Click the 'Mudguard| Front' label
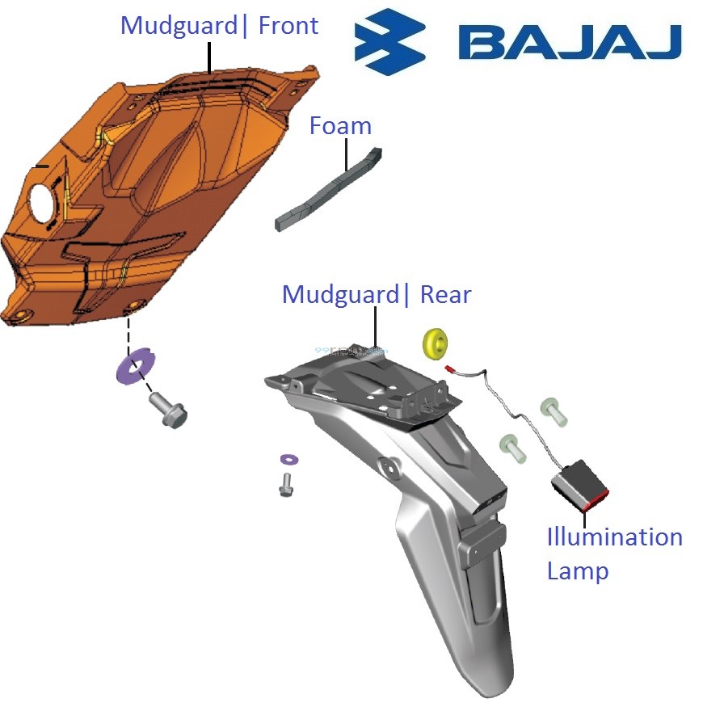219,26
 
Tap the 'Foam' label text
340,125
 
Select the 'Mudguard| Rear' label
376,294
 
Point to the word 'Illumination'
614,537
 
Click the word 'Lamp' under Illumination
577,570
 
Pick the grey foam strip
328,189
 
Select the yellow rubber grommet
436,343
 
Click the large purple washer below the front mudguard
134,365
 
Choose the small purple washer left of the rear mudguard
288,460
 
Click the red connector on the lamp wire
451,367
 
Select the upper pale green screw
554,410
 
